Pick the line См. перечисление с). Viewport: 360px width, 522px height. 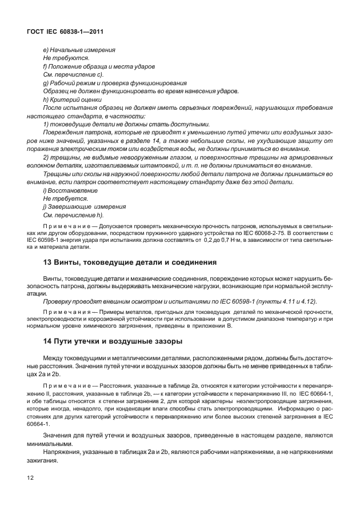coord(73,75)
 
